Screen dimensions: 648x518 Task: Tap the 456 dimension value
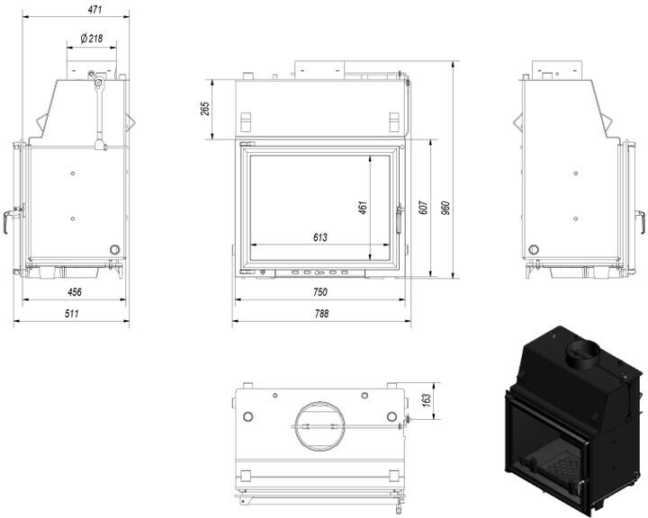(x=75, y=291)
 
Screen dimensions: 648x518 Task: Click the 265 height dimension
(x=205, y=108)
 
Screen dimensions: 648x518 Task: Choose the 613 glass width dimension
(x=319, y=237)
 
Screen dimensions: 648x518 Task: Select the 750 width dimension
(x=320, y=292)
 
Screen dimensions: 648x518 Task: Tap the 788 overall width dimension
(x=321, y=314)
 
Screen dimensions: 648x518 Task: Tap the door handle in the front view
(x=401, y=216)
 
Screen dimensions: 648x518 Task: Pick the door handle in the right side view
(x=642, y=219)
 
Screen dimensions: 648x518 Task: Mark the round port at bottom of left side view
(x=114, y=248)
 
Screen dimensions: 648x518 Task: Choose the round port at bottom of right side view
(x=535, y=248)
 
